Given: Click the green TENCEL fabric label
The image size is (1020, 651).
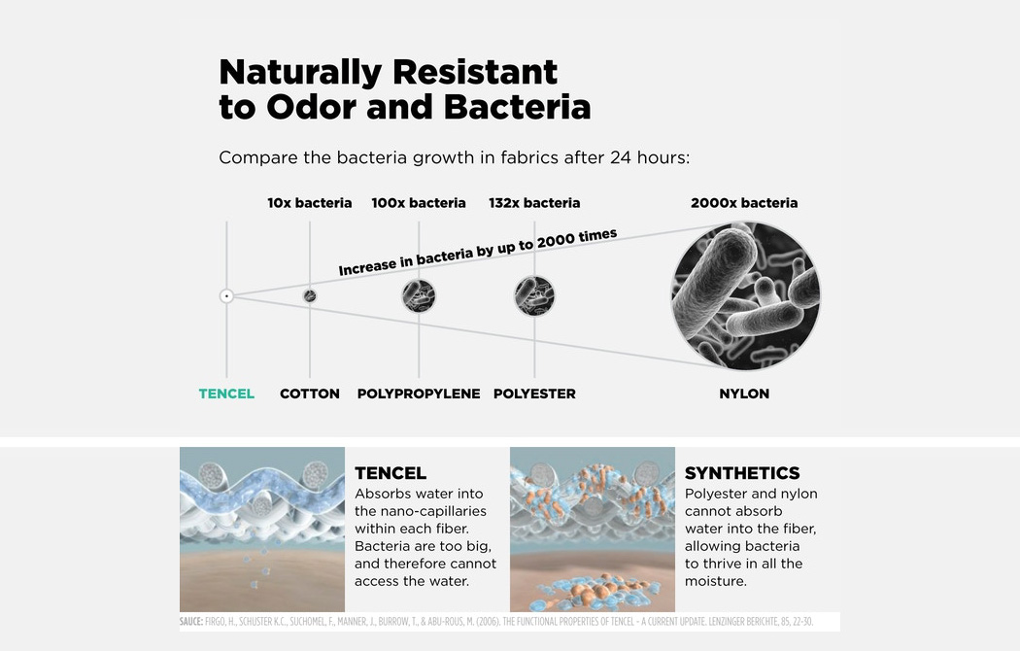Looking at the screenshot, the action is click(226, 394).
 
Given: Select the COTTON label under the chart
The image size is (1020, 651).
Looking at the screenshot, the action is click(310, 394).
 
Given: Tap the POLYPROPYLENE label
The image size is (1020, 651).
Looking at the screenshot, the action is click(419, 394).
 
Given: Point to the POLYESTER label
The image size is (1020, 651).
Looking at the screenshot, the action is click(534, 394).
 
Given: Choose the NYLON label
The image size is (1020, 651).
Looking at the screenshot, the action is click(744, 394).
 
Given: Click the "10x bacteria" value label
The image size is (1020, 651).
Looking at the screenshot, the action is click(310, 203).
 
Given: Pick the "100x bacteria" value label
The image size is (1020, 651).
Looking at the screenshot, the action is click(419, 203).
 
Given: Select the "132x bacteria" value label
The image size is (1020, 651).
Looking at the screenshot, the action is click(534, 203).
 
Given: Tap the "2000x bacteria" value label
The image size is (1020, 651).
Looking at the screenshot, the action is click(744, 203).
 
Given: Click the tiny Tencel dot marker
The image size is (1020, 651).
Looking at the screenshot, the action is click(226, 296).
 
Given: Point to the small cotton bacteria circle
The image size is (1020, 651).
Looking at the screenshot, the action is click(310, 296).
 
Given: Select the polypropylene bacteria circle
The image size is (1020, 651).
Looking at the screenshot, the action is click(419, 296).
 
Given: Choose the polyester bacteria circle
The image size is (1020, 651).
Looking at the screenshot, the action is click(534, 296).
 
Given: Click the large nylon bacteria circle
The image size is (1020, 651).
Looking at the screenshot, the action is click(745, 296).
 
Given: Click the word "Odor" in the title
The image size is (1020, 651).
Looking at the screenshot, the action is click(312, 107).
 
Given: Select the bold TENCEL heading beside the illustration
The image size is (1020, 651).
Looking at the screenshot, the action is click(391, 473).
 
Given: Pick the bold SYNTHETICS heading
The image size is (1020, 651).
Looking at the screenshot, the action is click(742, 473).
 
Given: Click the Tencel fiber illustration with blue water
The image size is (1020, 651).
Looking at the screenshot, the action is click(262, 529).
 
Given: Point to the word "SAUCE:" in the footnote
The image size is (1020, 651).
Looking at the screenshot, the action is click(191, 622).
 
